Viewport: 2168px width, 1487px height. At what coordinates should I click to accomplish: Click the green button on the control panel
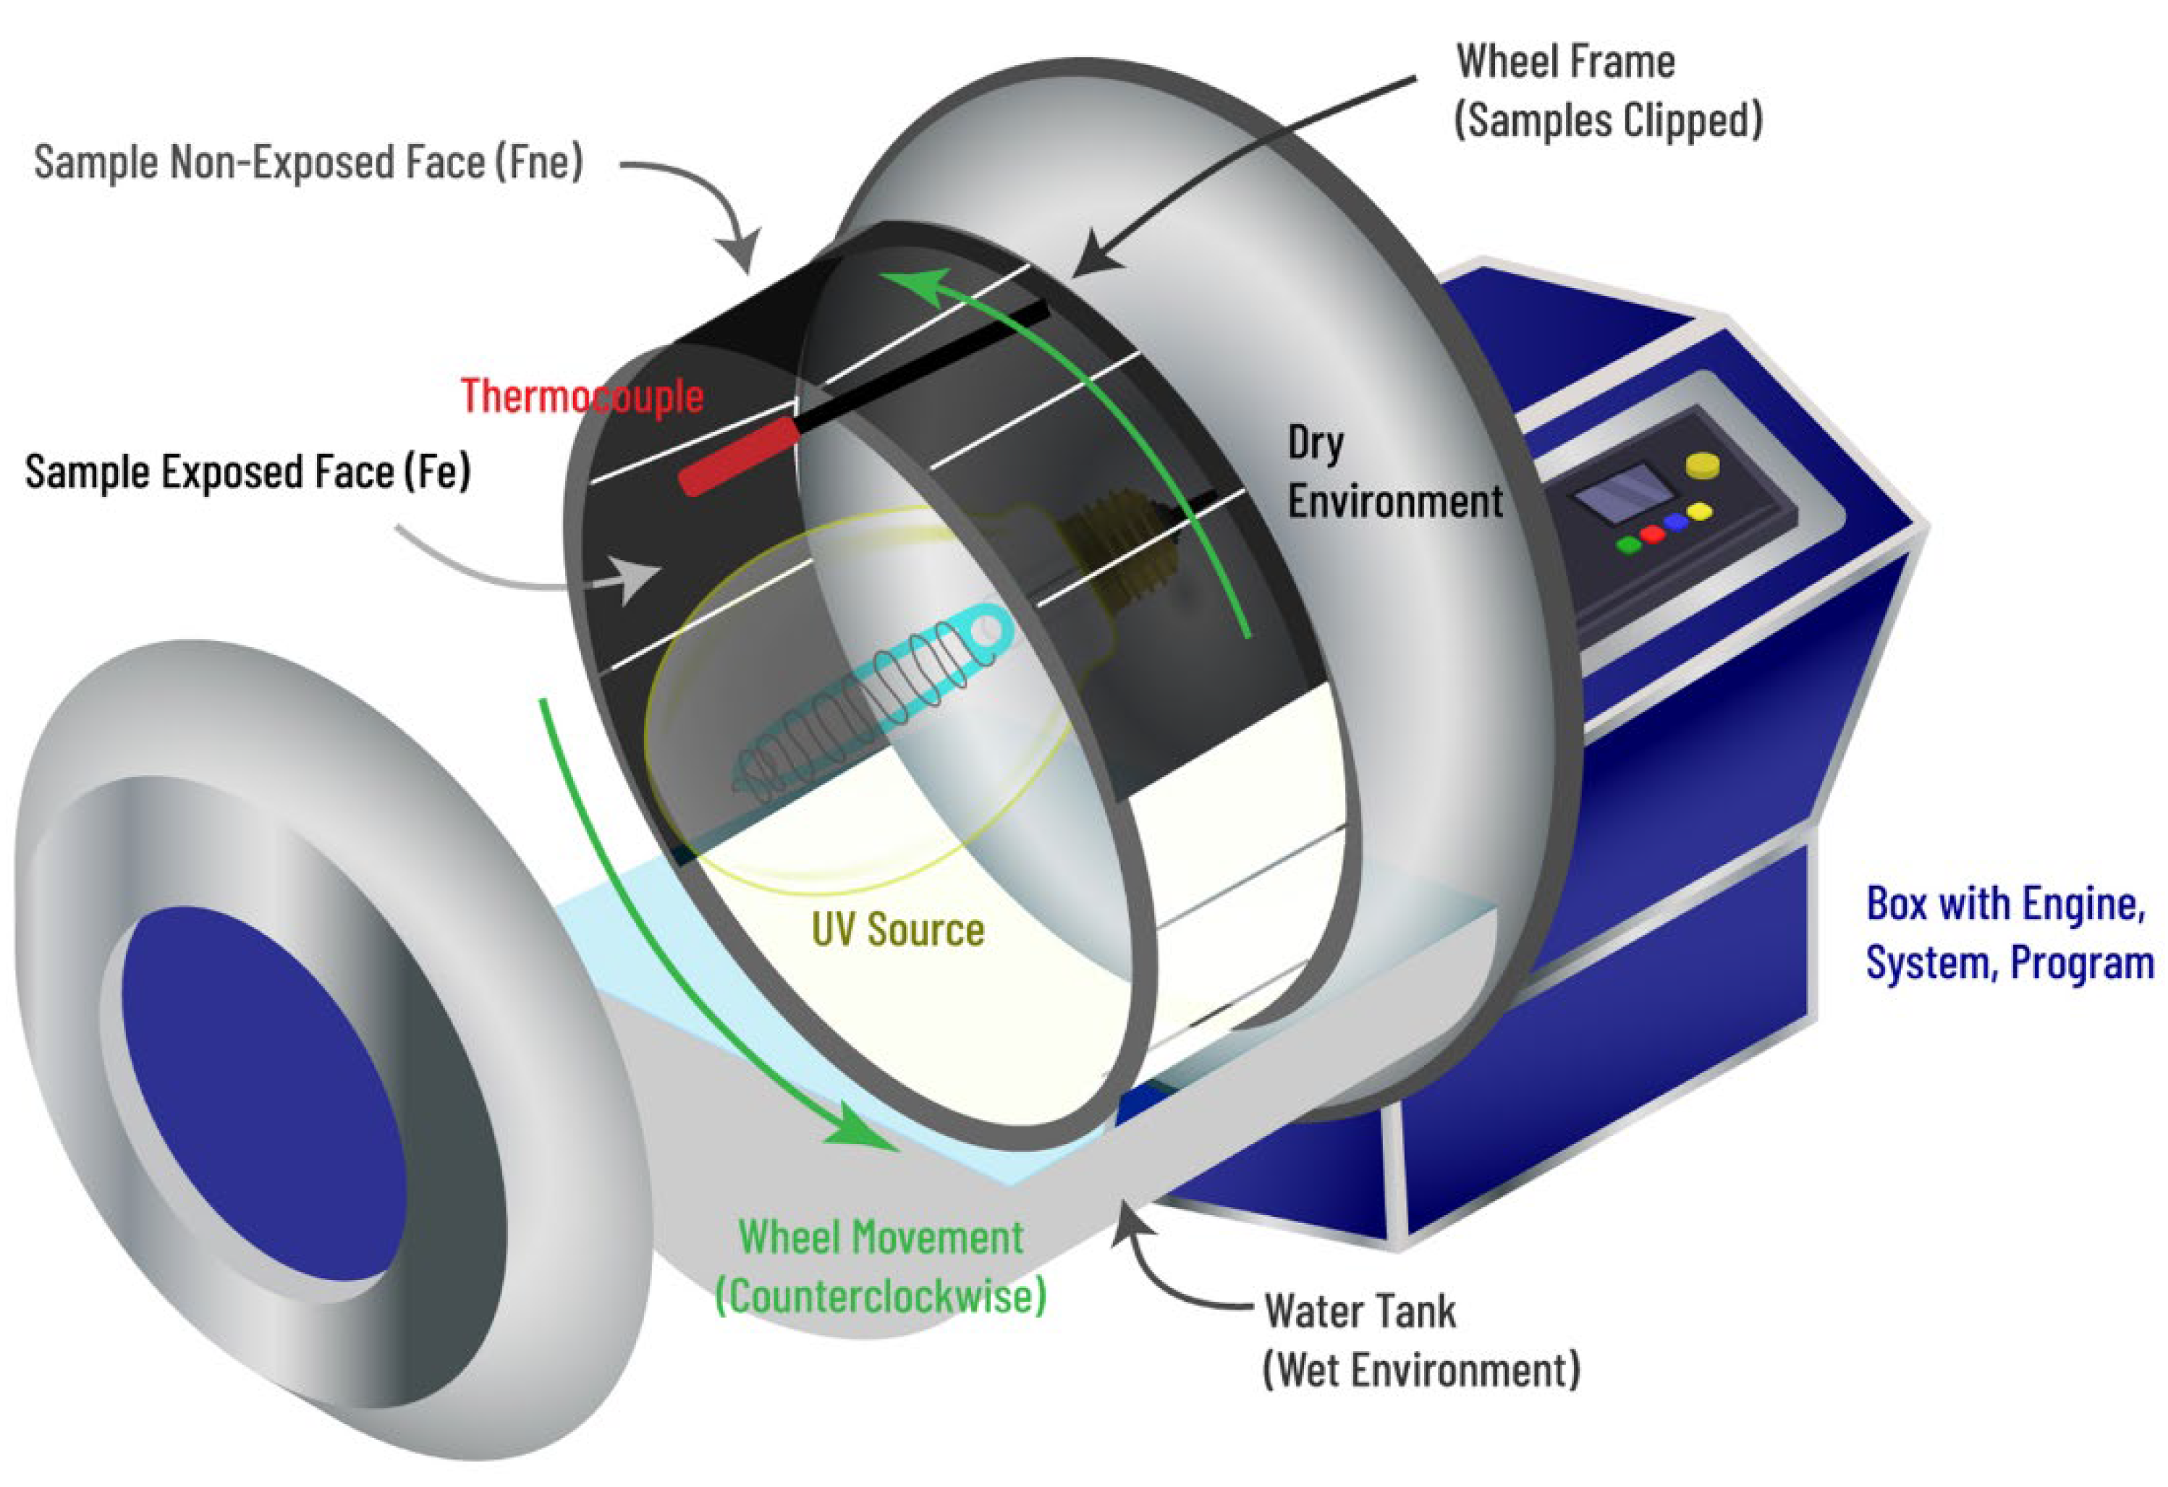(1629, 545)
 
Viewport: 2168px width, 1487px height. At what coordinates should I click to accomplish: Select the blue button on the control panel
(1677, 522)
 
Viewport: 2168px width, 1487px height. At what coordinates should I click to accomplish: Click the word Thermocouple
(582, 396)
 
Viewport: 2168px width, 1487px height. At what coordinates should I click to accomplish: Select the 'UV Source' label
(897, 930)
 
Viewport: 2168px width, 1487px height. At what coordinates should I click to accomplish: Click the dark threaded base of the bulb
(1119, 551)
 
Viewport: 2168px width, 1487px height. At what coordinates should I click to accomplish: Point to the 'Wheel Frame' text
(1565, 62)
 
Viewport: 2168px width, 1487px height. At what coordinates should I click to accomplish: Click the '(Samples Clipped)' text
(1609, 120)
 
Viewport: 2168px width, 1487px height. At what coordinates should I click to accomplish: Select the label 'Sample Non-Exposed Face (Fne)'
(308, 162)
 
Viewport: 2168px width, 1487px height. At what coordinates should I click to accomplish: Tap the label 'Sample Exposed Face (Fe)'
(247, 471)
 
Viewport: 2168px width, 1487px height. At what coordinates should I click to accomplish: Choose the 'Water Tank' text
(1359, 1310)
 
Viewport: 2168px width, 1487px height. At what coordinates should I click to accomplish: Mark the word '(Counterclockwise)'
(881, 1296)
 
